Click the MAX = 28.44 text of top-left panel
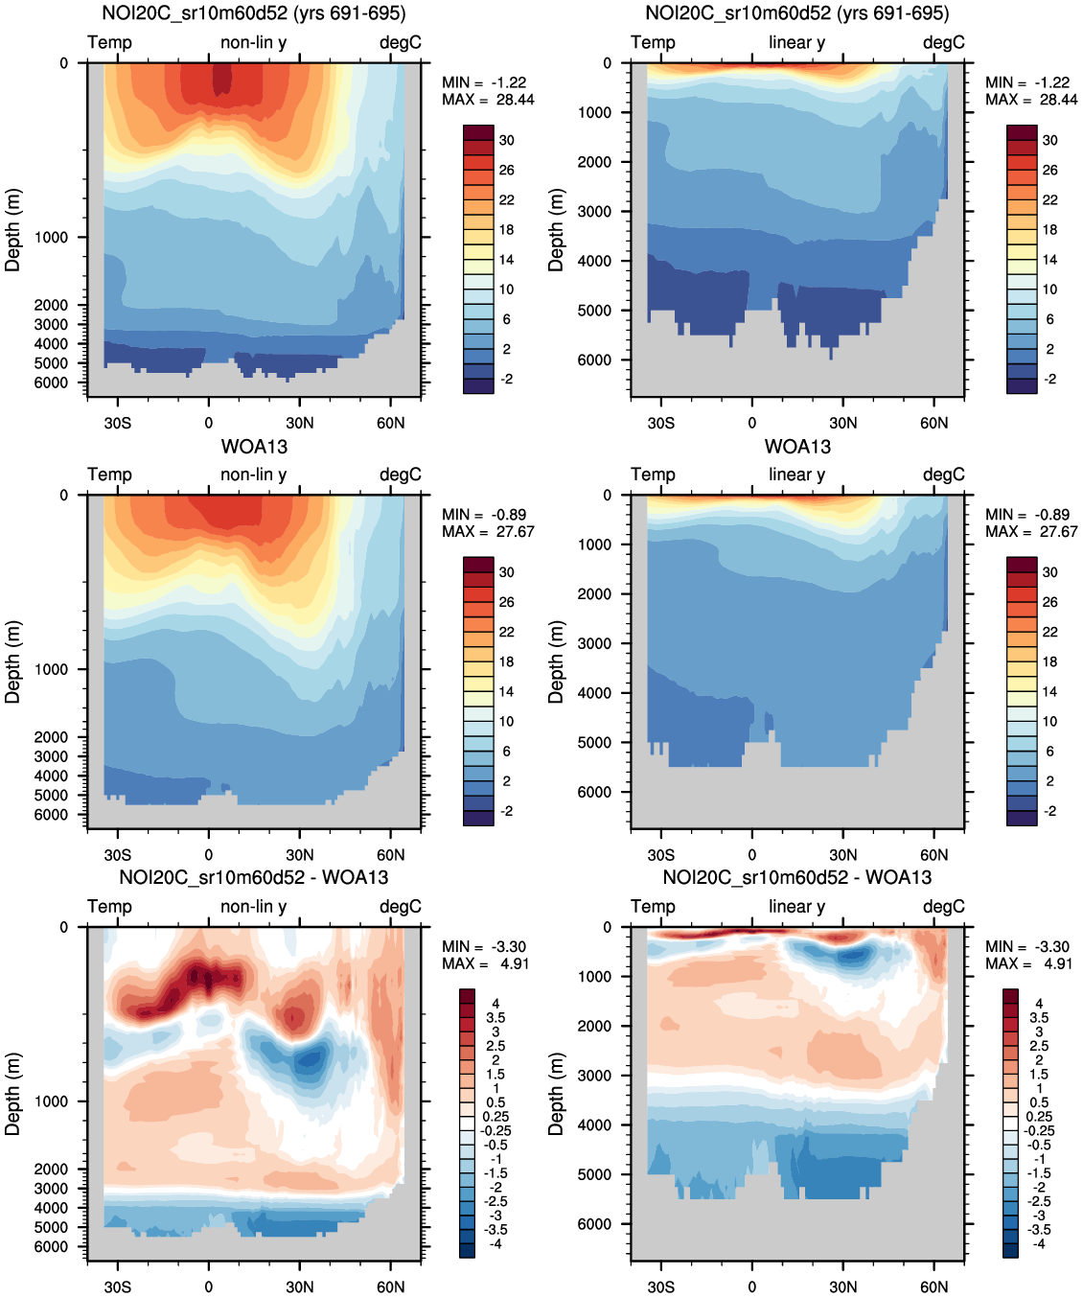[488, 100]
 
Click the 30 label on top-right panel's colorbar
[1049, 140]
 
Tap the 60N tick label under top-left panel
[390, 423]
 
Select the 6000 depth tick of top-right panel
[594, 360]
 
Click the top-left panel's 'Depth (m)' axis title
[12, 230]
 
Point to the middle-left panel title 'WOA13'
[254, 447]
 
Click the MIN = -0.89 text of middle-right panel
[1031, 515]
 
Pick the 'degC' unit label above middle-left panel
[400, 475]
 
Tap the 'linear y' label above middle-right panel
[796, 475]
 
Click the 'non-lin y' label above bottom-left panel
[253, 906]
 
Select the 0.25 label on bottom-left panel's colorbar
[495, 1117]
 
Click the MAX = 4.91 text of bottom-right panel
[1031, 963]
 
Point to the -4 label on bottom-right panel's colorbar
[1039, 1243]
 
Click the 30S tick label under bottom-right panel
[660, 1286]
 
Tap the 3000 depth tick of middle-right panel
[594, 643]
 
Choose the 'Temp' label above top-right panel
[653, 42]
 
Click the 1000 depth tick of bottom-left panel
[51, 1101]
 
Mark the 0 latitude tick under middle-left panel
[208, 855]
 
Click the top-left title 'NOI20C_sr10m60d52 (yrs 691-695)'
[254, 13]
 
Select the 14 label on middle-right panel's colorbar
[1049, 691]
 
